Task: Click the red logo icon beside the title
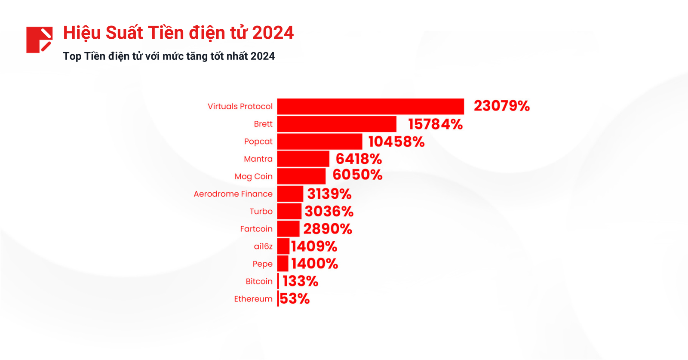[x=39, y=40]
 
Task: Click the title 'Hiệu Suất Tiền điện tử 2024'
[x=178, y=33]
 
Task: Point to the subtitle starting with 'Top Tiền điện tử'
[x=169, y=56]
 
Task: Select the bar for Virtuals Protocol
[x=370, y=107]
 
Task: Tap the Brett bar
[x=337, y=124]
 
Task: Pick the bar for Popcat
[x=319, y=142]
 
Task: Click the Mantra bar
[x=303, y=159]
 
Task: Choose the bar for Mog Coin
[x=301, y=176]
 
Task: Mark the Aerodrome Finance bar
[x=290, y=194]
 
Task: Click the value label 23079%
[x=502, y=106]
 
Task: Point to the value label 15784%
[x=435, y=124]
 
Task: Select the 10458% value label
[x=396, y=142]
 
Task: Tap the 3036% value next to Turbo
[x=329, y=212]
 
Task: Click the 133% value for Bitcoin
[x=300, y=281]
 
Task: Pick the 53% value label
[x=295, y=299]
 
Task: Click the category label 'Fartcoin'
[x=256, y=229]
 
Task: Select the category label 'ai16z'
[x=263, y=246]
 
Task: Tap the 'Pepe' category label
[x=262, y=264]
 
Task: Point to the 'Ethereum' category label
[x=253, y=299]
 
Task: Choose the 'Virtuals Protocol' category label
[x=240, y=107]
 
